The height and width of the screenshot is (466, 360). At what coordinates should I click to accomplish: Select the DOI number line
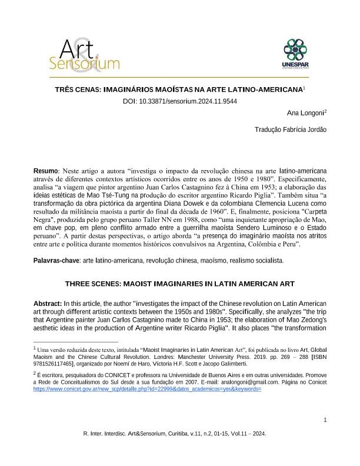[x=179, y=101]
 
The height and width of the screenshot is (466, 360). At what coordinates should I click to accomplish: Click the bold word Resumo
[x=45, y=171]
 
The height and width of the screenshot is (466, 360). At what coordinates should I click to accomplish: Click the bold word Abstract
[x=49, y=302]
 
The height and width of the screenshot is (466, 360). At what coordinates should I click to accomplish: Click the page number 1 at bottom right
[x=325, y=420]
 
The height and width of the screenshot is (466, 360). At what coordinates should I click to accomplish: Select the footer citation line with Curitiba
[x=179, y=433]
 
